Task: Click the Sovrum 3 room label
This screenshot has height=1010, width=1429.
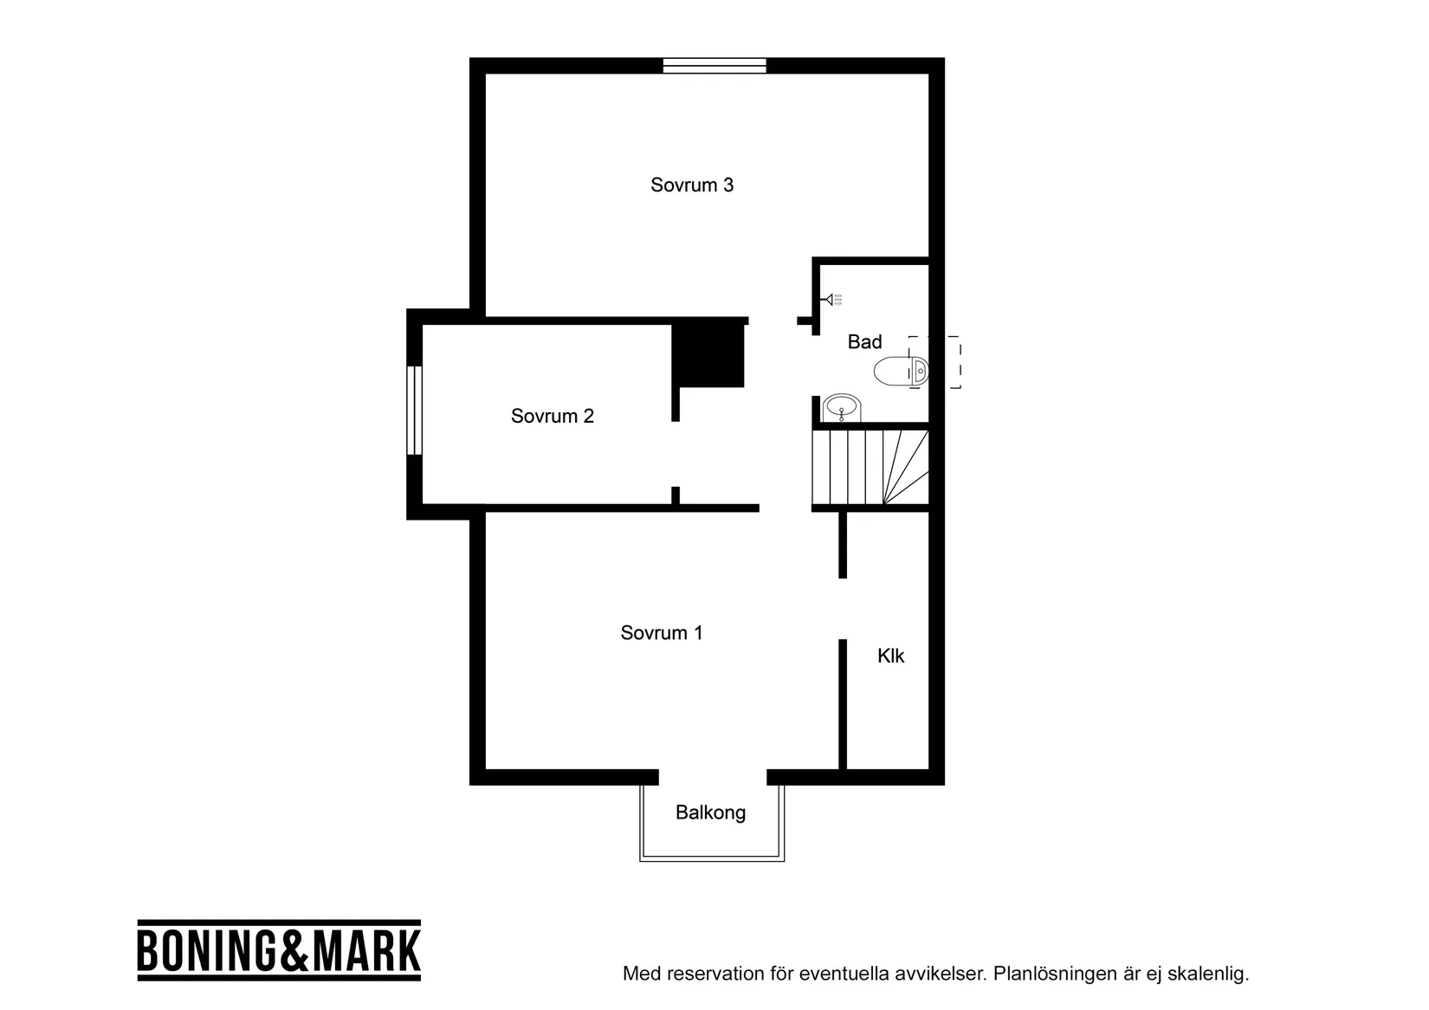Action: tap(692, 185)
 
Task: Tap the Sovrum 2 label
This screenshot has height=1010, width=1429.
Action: tap(553, 417)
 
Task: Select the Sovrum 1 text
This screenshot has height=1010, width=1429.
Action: tap(662, 633)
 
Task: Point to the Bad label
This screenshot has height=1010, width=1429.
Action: tap(864, 342)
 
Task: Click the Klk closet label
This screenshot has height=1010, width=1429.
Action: tap(890, 656)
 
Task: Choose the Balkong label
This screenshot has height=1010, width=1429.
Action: tap(710, 813)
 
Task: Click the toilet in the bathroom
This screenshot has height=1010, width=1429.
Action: tap(901, 372)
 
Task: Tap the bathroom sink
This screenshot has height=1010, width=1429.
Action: tap(841, 406)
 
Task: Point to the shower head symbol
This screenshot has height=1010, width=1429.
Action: tap(832, 300)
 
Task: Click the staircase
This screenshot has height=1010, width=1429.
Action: tap(870, 467)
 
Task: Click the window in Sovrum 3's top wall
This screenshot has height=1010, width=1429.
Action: tap(714, 66)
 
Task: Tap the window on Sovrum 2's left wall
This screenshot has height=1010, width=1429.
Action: tap(414, 410)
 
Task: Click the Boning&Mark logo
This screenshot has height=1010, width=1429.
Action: tap(279, 950)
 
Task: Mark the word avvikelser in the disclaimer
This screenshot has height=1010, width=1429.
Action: tap(943, 974)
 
